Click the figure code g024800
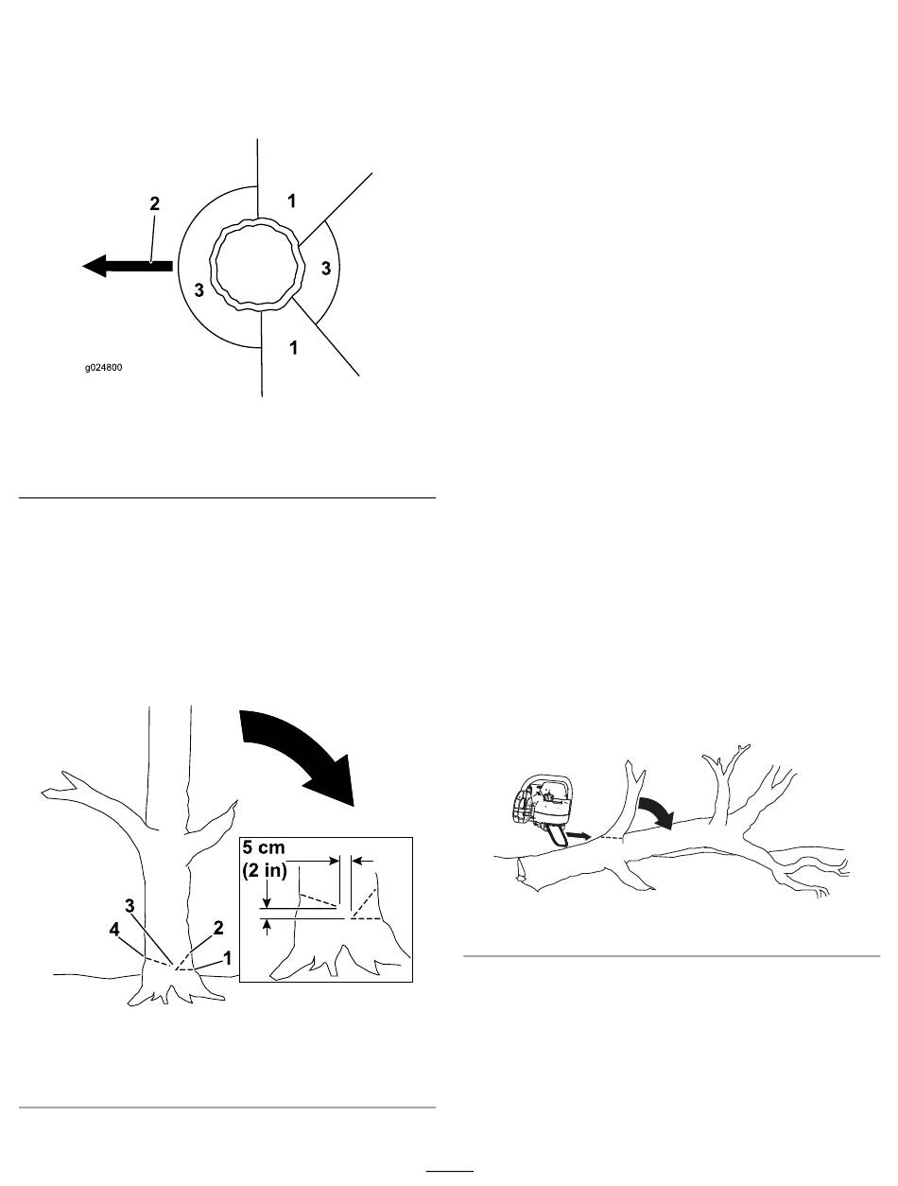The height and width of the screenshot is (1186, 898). [103, 367]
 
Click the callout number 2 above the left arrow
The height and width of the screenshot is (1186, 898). [154, 203]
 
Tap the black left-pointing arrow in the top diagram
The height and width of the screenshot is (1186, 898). [128, 266]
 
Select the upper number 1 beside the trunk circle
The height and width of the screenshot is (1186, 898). [292, 201]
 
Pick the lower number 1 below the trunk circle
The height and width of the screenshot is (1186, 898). [294, 347]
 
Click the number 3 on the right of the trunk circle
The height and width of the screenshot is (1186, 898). [325, 268]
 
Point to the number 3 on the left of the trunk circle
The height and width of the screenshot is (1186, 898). [199, 289]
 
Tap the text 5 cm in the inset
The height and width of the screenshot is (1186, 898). [264, 847]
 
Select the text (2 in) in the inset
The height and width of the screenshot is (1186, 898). [265, 871]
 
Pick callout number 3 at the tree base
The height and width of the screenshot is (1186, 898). [130, 905]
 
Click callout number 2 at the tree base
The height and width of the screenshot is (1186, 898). [218, 928]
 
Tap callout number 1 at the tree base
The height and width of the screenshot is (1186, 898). [228, 958]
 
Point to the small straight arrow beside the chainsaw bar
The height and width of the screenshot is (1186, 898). [579, 836]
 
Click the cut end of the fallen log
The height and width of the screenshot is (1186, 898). [522, 870]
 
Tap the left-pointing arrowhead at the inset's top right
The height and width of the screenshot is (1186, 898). [362, 861]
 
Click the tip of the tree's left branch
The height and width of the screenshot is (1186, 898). [43, 793]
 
